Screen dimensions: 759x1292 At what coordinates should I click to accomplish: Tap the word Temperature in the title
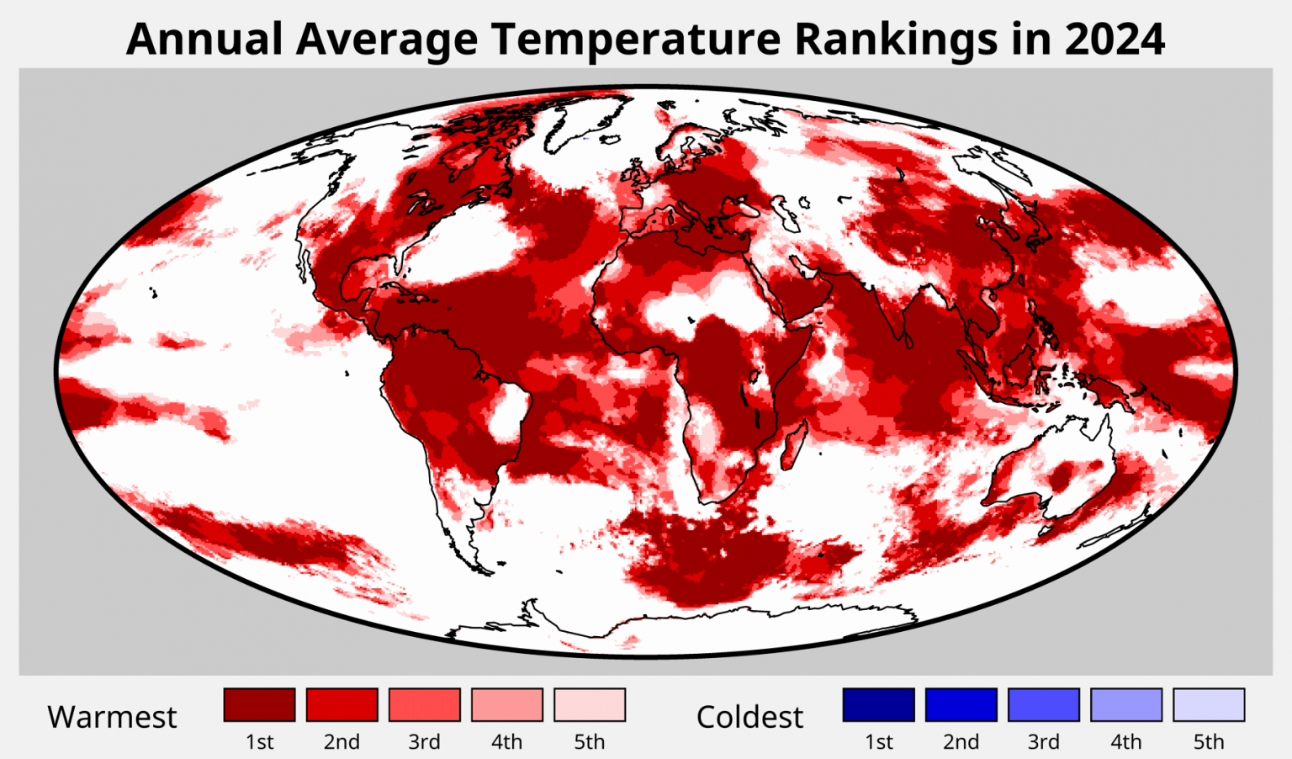636,39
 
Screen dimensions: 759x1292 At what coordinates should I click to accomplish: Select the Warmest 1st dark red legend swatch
259,704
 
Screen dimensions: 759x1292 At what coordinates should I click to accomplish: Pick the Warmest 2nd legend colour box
342,704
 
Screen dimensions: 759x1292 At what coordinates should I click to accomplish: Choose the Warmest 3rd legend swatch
424,704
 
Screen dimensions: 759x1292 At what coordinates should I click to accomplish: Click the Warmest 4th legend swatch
506,704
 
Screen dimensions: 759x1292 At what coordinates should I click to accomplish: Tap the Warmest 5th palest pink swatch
589,704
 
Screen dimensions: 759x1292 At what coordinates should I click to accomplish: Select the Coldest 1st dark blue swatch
878,704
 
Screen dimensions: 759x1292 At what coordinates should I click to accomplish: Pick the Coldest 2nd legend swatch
961,704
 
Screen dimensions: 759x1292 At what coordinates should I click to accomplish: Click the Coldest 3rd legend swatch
1043,704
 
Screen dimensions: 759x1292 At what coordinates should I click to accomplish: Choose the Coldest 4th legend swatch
1125,704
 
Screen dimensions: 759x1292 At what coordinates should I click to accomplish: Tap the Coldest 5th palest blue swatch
1208,704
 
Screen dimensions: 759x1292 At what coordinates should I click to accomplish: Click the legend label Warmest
112,717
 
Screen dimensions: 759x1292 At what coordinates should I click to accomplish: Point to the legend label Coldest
749,717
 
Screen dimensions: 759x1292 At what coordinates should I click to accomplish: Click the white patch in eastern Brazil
508,412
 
